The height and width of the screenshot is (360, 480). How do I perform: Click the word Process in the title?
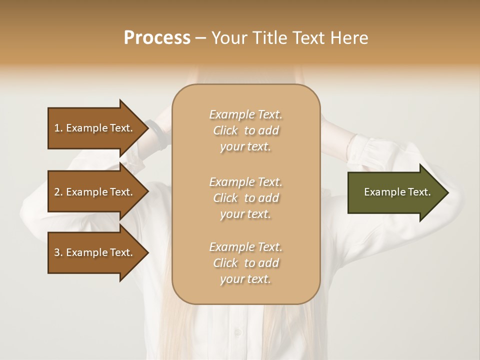157,38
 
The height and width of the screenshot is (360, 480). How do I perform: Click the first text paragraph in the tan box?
245,130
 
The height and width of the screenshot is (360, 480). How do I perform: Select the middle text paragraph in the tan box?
245,198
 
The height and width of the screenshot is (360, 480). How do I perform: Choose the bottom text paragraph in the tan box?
245,263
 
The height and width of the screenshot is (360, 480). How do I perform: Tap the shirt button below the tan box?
238,332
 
